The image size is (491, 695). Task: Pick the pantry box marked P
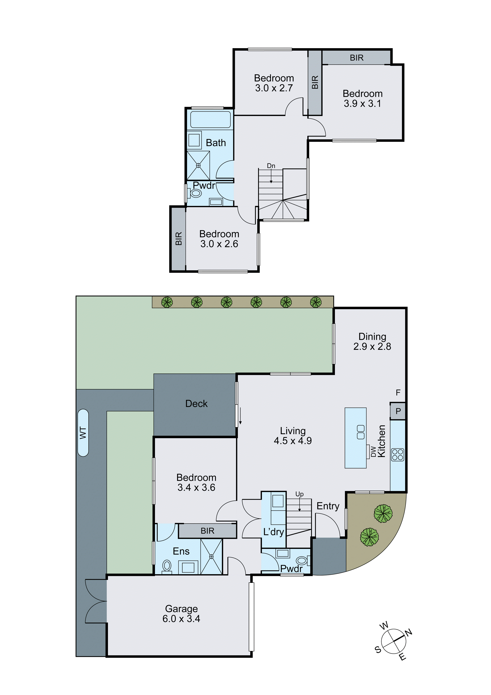pos(398,411)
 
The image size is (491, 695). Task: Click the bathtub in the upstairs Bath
pos(210,120)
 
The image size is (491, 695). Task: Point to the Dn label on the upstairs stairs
pos(271,166)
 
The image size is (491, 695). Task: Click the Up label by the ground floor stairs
pos(299,494)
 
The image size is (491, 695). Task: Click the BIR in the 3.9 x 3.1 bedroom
pos(356,58)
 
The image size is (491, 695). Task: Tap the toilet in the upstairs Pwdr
pos(196,193)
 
